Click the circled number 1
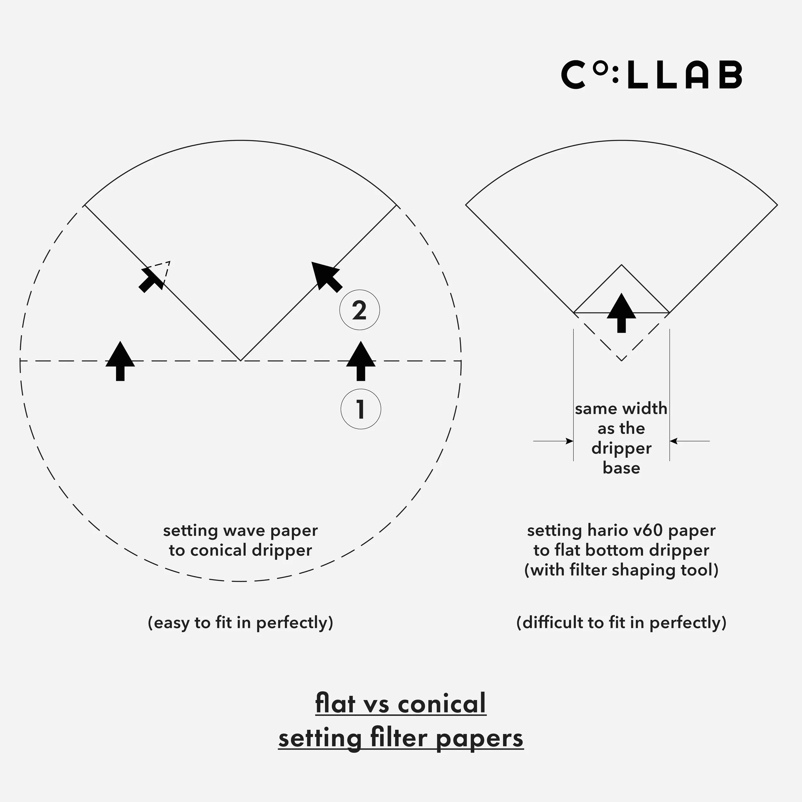(360, 409)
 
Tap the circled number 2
(360, 310)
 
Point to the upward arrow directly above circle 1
(361, 361)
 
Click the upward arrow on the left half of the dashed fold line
(120, 361)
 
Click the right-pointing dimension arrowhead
(569, 441)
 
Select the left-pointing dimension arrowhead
(674, 441)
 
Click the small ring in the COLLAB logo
(599, 69)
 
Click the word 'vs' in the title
(377, 704)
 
